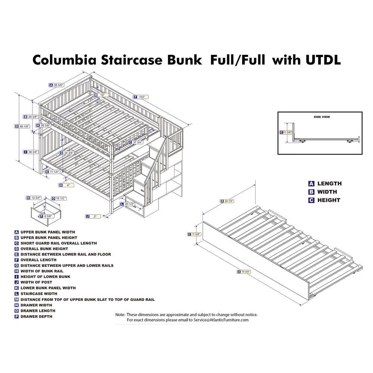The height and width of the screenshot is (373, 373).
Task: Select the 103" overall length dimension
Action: pyautogui.click(x=141, y=97)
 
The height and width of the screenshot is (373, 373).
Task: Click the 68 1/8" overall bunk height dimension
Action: pyautogui.click(x=25, y=126)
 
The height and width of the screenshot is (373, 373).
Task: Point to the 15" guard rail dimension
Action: pyautogui.click(x=101, y=95)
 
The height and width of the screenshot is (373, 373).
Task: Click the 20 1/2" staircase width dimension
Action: pyautogui.click(x=130, y=204)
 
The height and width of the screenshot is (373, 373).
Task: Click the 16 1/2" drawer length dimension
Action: pyautogui.click(x=60, y=198)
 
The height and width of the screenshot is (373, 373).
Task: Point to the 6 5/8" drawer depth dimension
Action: pyautogui.click(x=47, y=216)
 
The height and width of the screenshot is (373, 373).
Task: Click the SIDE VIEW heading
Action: pyautogui.click(x=322, y=117)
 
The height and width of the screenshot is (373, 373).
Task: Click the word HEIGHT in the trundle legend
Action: pyautogui.click(x=329, y=200)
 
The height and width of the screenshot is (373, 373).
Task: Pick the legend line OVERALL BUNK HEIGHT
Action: pyautogui.click(x=44, y=249)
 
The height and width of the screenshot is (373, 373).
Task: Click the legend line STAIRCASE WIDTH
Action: pyautogui.click(x=39, y=294)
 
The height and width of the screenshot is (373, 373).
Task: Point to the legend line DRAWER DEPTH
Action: pyautogui.click(x=36, y=316)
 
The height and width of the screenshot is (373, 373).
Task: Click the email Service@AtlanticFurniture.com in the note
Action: pyautogui.click(x=220, y=320)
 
